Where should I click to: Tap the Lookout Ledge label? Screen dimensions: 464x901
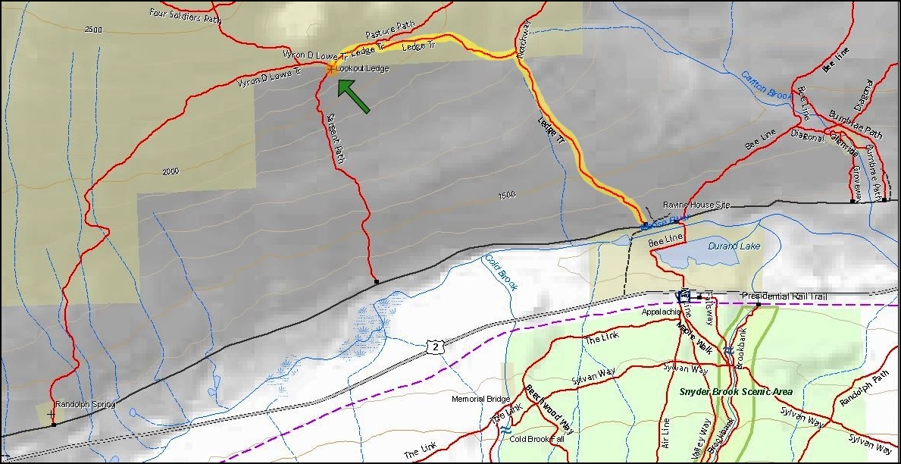362,68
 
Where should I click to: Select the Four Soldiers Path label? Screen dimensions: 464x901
186,14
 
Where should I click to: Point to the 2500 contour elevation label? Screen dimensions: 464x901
93,30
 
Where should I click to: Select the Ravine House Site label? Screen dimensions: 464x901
696,205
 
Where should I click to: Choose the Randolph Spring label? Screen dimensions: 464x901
85,405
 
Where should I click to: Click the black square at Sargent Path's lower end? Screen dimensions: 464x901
377,282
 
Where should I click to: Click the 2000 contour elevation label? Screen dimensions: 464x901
170,171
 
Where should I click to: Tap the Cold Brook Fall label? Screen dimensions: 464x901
537,439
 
